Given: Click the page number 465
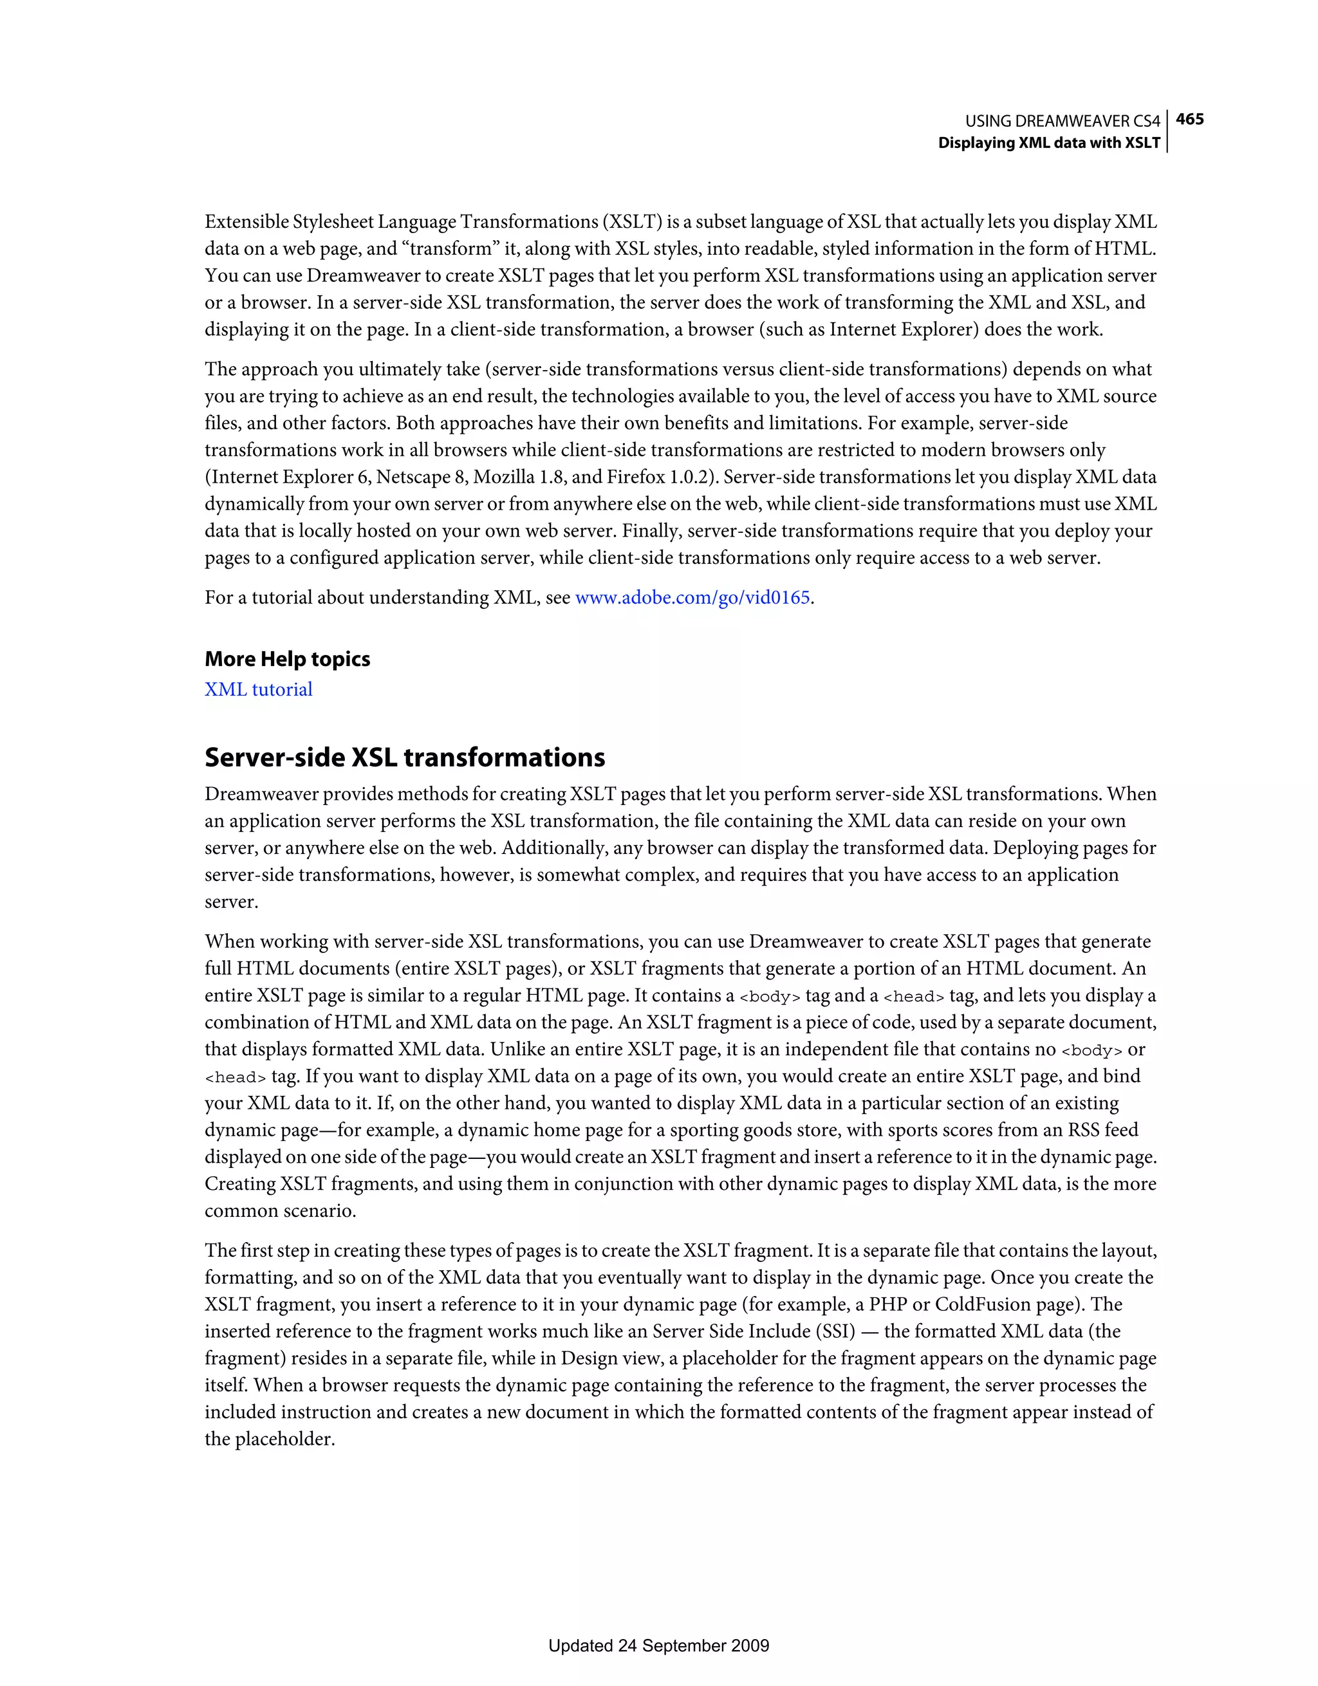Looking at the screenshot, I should pos(1190,119).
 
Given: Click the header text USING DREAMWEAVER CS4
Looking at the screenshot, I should pos(1063,121).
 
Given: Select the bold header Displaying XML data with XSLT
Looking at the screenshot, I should pos(1048,143).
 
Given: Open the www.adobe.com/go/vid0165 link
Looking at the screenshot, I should pos(692,598).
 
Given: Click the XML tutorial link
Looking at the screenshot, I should pos(259,689).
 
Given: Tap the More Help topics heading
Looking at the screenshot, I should pos(287,659).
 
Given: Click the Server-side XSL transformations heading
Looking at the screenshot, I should pos(405,757).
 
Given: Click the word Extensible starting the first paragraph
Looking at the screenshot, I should pos(246,222).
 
